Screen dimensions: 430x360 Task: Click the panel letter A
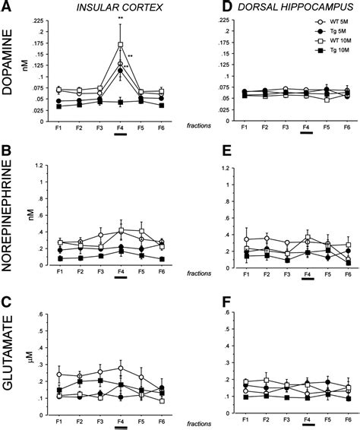click(7, 8)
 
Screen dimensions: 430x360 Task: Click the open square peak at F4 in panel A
click(120, 45)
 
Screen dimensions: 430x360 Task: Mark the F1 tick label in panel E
click(246, 272)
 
